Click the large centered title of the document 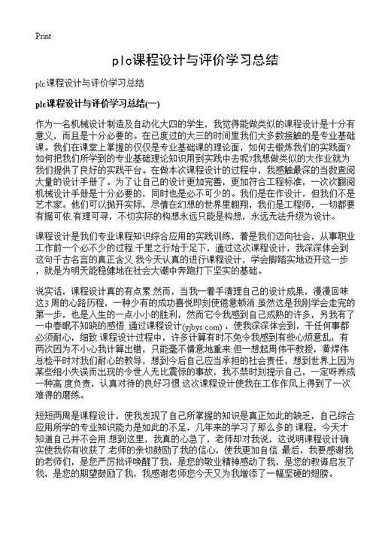tap(195, 59)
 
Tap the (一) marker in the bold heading tap(153, 102)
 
